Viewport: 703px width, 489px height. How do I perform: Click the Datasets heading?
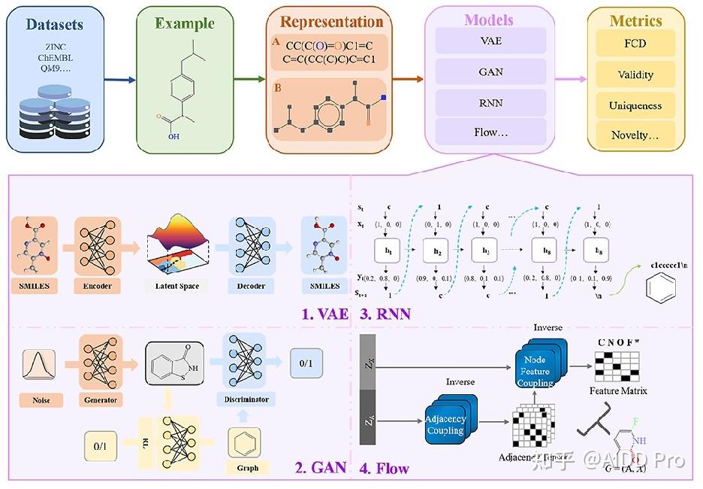54,24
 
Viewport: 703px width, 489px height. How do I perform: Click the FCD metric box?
635,44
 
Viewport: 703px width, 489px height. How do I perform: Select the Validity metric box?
635,74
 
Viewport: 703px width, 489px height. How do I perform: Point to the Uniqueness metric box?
635,105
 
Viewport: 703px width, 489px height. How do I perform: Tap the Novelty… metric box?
635,135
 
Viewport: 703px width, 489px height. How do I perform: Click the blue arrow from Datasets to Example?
120,79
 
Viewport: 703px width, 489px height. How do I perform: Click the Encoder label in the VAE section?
98,287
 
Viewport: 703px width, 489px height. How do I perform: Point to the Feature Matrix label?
618,390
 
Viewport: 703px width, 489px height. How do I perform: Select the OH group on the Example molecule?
173,137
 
